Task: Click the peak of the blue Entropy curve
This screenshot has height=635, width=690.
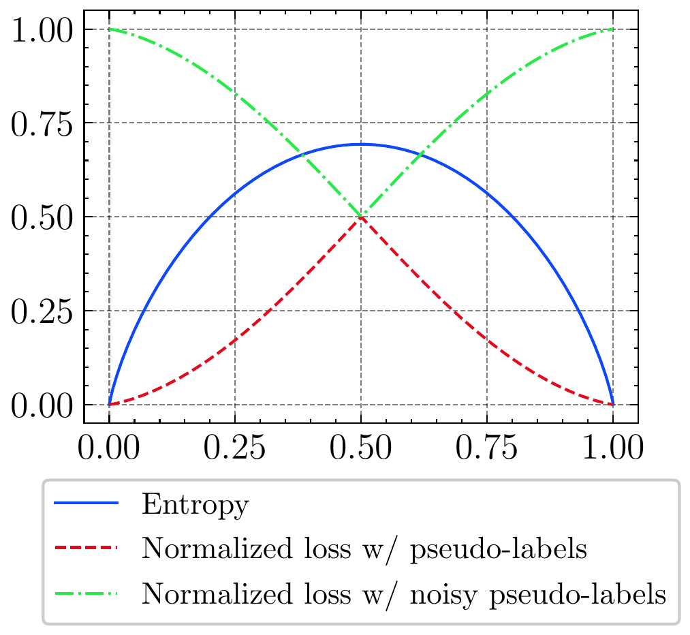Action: [361, 144]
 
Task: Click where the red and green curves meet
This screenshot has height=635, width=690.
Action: [361, 217]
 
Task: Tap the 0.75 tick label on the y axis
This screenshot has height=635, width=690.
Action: [42, 123]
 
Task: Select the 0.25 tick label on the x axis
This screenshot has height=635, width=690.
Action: [235, 450]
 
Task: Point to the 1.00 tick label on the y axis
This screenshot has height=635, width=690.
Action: [42, 29]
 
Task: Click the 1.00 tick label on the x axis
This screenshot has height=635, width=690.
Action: [613, 450]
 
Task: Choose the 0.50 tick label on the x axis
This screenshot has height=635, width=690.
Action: [361, 450]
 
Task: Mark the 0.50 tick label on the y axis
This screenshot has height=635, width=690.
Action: [42, 217]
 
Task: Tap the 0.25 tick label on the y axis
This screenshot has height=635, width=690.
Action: [42, 311]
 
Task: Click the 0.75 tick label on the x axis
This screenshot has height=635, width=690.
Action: [487, 450]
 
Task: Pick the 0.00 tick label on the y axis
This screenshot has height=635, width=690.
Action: [42, 405]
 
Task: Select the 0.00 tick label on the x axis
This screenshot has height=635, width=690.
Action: [109, 450]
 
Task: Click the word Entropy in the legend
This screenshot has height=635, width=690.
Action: [195, 506]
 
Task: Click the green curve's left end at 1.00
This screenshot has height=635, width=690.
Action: [109, 29]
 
